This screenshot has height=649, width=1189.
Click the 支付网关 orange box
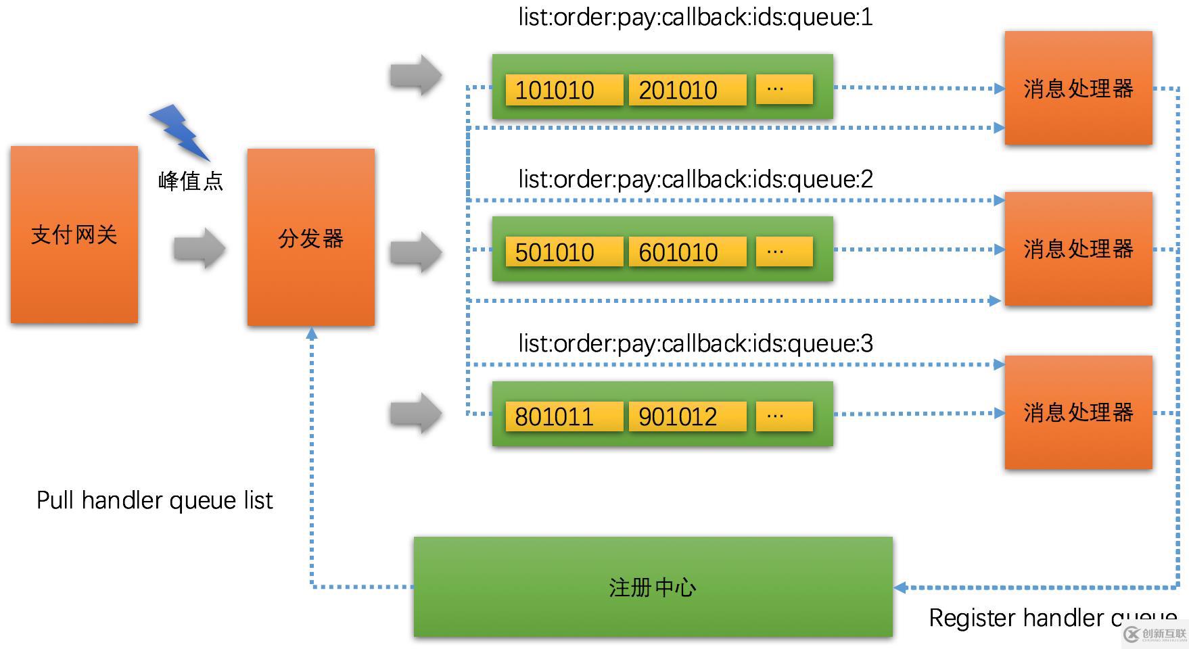(74, 235)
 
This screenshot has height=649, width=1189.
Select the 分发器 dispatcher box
(311, 237)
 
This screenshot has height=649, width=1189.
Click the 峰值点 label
(191, 181)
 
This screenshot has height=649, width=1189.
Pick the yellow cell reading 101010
(563, 90)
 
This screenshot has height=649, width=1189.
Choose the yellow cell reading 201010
(687, 90)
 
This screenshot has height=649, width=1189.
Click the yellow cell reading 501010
(563, 252)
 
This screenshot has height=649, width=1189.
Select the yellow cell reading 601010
(687, 252)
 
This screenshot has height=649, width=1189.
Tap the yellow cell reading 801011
(563, 416)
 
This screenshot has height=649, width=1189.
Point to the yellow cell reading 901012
(687, 416)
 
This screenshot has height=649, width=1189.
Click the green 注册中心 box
(653, 587)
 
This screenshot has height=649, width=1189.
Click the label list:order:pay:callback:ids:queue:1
(695, 17)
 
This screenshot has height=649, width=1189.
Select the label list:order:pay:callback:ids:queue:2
(695, 179)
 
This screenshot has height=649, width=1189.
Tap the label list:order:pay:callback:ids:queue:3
(695, 343)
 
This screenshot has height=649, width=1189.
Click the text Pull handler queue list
(155, 500)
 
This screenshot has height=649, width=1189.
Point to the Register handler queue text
(1052, 618)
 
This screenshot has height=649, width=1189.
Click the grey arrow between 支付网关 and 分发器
(198, 248)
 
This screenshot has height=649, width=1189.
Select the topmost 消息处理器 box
(1078, 88)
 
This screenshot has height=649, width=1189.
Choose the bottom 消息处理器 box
(1078, 412)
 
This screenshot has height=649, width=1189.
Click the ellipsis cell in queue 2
(784, 251)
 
